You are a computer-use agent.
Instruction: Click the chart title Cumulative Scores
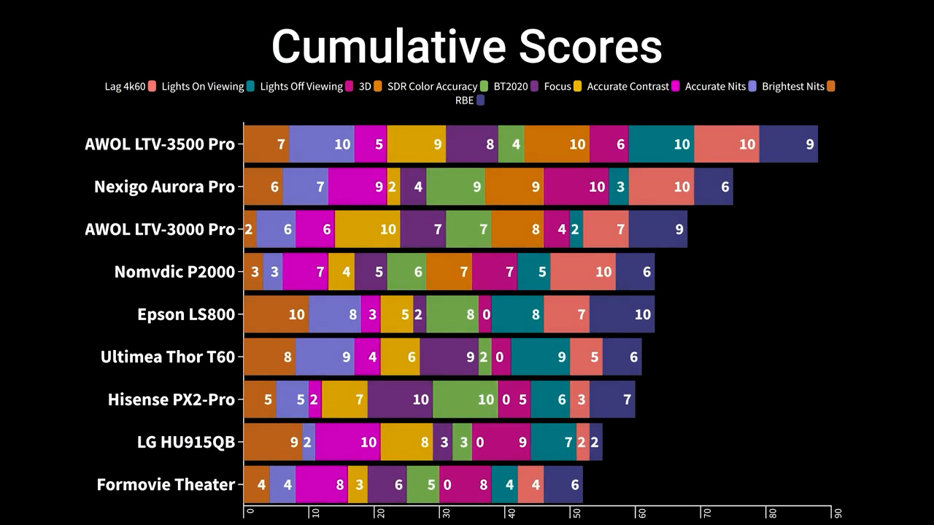click(467, 47)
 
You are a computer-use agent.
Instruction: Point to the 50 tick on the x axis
click(576, 512)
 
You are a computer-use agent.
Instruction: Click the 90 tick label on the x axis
click(838, 513)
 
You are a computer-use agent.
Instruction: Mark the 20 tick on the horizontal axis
click(379, 512)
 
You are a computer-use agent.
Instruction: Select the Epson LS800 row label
click(186, 314)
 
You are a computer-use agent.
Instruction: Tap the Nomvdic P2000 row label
click(174, 272)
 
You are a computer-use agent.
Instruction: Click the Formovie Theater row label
click(166, 485)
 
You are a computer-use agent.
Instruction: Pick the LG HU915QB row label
click(186, 442)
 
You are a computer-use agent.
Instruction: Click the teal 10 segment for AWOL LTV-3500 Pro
click(661, 144)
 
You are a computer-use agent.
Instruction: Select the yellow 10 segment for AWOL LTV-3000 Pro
click(367, 229)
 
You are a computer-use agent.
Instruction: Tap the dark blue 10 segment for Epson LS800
click(622, 314)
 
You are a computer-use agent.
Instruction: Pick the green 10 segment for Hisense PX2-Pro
click(465, 400)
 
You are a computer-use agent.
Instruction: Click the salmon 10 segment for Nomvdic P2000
click(583, 272)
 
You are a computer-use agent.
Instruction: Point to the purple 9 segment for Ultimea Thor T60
click(449, 357)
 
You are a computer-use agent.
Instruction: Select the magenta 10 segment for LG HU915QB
click(347, 442)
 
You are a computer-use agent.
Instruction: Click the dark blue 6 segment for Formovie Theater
click(563, 485)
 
